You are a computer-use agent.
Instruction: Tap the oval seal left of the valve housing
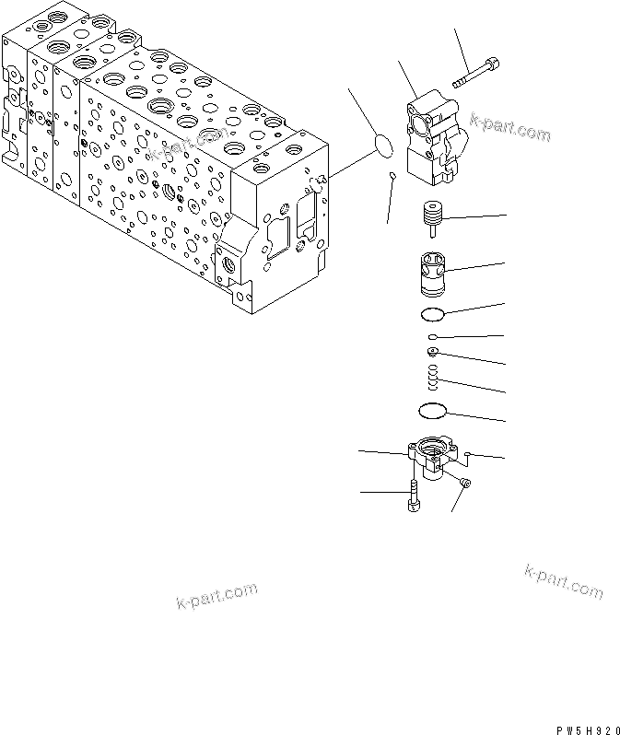point(382,144)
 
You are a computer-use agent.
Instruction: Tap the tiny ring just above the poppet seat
point(431,337)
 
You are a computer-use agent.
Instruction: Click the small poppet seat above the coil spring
point(432,351)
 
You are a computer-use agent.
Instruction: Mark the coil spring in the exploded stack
point(433,377)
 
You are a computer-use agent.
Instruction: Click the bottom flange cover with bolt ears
point(431,454)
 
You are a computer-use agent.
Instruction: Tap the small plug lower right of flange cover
point(466,483)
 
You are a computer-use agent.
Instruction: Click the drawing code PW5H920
point(586,728)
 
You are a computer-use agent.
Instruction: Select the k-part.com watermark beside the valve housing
point(509,128)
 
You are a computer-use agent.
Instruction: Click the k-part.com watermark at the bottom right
point(563,583)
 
